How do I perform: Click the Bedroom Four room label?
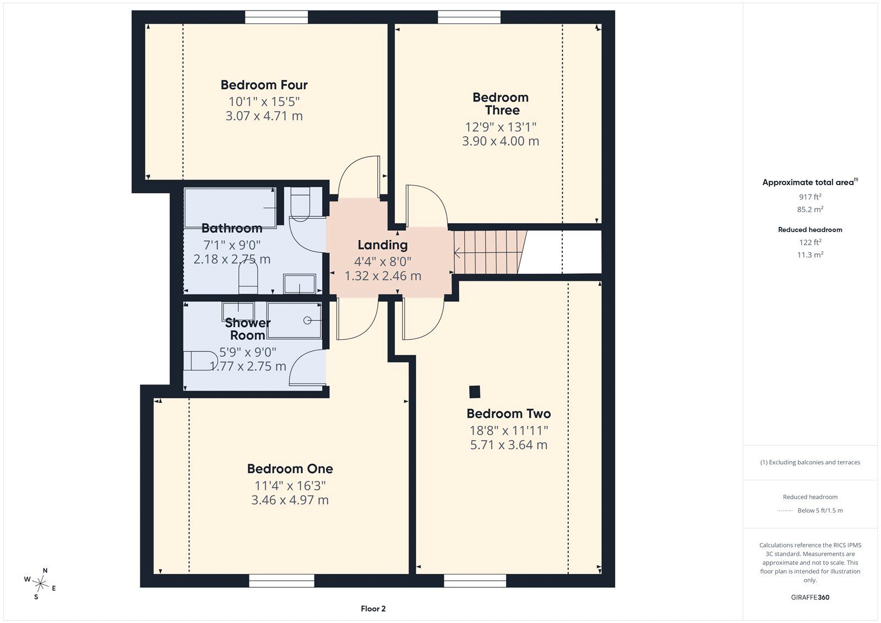click(x=264, y=85)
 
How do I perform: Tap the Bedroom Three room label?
click(x=501, y=104)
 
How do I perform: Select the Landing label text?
click(x=383, y=245)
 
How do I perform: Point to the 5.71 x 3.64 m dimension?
click(x=509, y=445)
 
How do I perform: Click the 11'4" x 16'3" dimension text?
click(x=290, y=486)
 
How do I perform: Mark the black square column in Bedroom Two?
click(x=475, y=392)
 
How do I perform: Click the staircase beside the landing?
click(x=490, y=252)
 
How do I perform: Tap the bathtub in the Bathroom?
click(x=230, y=208)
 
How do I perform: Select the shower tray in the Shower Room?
click(x=294, y=321)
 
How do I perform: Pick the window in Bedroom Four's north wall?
click(x=276, y=17)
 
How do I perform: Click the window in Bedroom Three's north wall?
click(x=469, y=17)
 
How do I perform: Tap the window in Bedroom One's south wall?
click(x=281, y=581)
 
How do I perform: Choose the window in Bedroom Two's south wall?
click(x=475, y=581)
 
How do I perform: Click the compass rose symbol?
click(x=40, y=583)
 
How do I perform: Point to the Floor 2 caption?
click(x=373, y=609)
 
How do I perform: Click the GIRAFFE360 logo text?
click(x=810, y=597)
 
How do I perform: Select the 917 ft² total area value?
click(x=810, y=197)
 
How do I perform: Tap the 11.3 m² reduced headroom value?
click(x=810, y=254)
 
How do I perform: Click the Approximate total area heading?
click(x=810, y=182)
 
